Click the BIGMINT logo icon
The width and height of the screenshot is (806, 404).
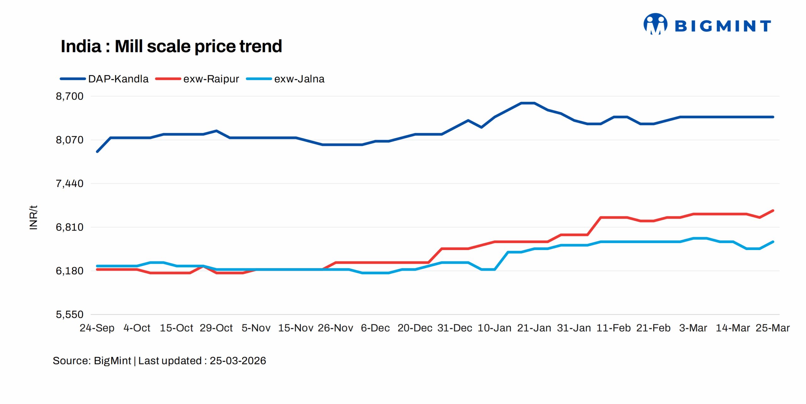(655, 24)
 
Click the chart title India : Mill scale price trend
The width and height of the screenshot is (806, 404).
(171, 46)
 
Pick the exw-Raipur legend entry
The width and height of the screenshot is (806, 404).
(197, 79)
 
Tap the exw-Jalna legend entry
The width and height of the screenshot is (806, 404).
(285, 79)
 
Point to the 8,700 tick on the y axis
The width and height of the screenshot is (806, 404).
(70, 96)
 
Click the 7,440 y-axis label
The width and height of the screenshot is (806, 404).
(70, 184)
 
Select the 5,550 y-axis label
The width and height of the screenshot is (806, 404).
(70, 314)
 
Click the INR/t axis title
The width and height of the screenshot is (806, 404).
(33, 217)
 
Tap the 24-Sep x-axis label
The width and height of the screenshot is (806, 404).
(97, 328)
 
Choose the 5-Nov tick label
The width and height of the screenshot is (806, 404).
(256, 328)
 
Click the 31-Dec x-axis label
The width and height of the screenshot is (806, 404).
(454, 328)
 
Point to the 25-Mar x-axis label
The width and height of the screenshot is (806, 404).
(772, 328)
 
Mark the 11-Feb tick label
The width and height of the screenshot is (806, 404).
(613, 328)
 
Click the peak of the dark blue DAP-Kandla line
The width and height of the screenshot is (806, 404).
(528, 103)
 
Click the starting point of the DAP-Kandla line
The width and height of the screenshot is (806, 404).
(97, 152)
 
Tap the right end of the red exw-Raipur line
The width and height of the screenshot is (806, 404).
(773, 211)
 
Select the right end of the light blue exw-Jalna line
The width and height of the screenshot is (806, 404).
(773, 242)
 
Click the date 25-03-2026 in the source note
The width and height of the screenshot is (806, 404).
(238, 361)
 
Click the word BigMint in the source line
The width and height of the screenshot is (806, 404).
(112, 361)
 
